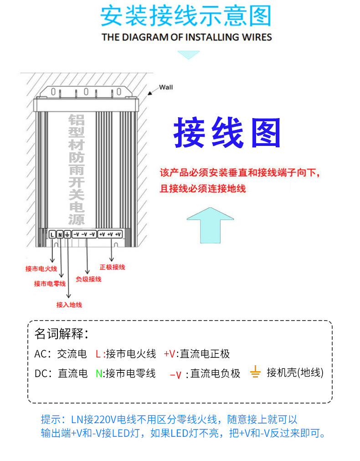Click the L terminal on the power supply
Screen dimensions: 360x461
click(x=52, y=234)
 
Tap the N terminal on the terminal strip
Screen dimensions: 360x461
click(x=60, y=234)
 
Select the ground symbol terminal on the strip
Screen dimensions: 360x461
click(x=67, y=234)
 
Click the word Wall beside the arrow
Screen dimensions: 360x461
click(x=166, y=87)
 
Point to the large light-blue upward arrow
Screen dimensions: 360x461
click(x=210, y=225)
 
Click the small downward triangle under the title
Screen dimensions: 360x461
click(x=188, y=55)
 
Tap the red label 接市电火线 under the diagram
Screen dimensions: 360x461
click(x=41, y=269)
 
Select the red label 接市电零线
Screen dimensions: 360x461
click(x=50, y=284)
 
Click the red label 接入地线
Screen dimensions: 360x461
click(x=69, y=305)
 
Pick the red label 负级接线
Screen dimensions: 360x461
click(x=88, y=279)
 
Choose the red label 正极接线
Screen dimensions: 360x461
click(x=112, y=267)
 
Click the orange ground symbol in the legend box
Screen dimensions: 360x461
click(x=255, y=372)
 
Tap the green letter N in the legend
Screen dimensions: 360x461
click(x=99, y=373)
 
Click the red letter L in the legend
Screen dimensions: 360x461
click(x=98, y=354)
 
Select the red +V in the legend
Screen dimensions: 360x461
click(x=170, y=354)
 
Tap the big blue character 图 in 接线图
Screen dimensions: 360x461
click(x=266, y=133)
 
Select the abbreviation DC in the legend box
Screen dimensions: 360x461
click(x=41, y=373)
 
